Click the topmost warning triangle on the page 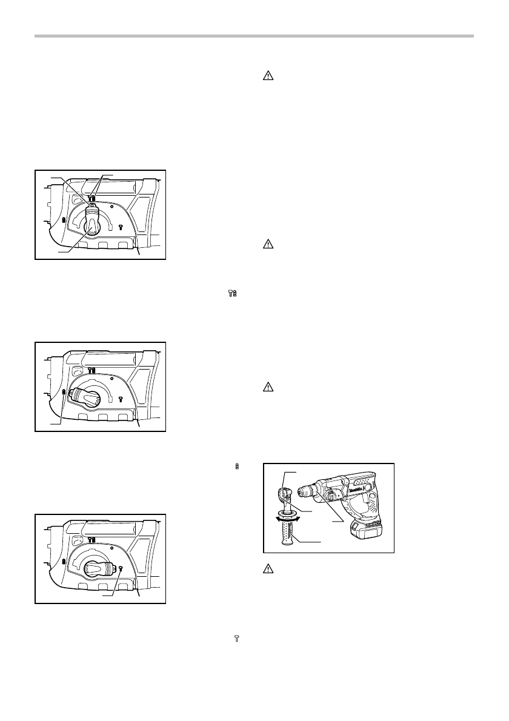click(x=268, y=77)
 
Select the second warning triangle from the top click(x=268, y=245)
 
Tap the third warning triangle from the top click(x=268, y=387)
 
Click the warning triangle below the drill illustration click(x=268, y=568)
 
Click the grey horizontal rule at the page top click(x=254, y=37)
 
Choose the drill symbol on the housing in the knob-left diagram click(x=64, y=394)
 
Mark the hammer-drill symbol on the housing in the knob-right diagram click(x=91, y=539)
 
